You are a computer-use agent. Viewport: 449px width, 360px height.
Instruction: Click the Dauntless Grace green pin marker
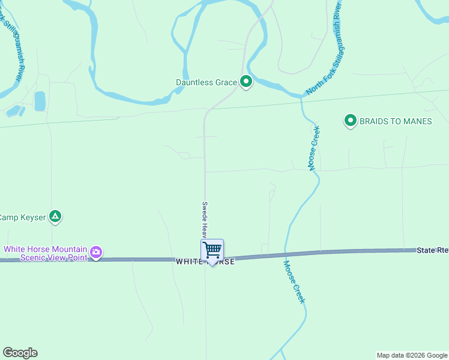[x=246, y=82]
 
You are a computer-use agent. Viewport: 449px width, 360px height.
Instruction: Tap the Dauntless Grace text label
[x=206, y=82]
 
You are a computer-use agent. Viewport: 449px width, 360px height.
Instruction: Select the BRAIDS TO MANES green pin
[x=350, y=121]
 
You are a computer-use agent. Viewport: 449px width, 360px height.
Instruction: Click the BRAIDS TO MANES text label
[x=396, y=121]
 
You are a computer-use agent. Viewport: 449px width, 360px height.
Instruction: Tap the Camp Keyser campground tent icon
[x=55, y=216]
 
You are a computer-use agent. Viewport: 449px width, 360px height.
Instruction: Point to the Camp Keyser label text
[x=23, y=217]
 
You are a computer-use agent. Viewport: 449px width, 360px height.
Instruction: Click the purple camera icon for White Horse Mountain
[x=96, y=253]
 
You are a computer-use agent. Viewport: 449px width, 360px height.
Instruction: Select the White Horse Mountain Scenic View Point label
[x=46, y=253]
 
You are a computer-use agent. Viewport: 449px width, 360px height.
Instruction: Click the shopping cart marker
[x=212, y=250]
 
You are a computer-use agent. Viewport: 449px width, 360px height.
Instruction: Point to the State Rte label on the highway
[x=432, y=250]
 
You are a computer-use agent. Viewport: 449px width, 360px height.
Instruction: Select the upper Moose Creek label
[x=313, y=148]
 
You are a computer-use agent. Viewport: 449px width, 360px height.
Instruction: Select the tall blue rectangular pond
[x=40, y=101]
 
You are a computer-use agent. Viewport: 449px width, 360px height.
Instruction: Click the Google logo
[x=20, y=353]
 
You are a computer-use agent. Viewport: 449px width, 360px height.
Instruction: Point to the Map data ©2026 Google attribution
[x=412, y=355]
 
